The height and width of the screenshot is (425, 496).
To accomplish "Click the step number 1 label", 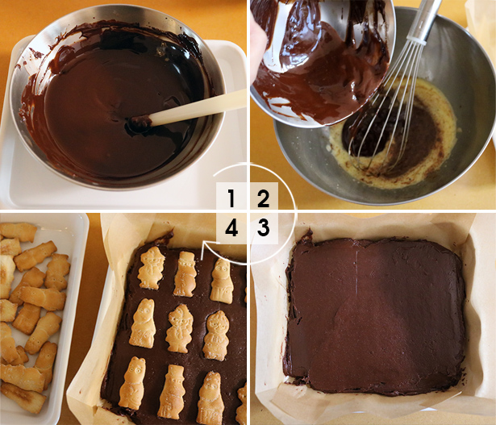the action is pos(231,198).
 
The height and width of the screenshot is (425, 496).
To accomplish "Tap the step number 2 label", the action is pos(263,198).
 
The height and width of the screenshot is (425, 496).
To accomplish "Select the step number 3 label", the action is pos(263,227).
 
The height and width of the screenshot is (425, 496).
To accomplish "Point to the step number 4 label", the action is pos(231,228).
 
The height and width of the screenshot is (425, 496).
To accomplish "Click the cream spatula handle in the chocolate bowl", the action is pos(198,107).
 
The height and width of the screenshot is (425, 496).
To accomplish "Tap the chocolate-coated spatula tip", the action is pos(140,121).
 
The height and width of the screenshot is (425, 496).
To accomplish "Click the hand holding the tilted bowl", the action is pos(258,44).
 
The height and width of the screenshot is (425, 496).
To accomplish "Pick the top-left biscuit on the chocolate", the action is pos(151,269).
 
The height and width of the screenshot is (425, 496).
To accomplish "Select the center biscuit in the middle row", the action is pos(179,328).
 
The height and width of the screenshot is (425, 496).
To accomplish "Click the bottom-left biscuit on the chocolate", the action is pos(132,383).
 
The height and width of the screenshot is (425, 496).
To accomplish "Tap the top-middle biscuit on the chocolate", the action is pos(185,274).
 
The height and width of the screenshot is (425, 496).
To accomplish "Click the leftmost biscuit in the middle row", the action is pos(143,323).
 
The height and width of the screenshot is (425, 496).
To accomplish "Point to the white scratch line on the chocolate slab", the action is pos(357,272).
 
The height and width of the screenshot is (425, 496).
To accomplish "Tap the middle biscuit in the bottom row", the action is pos(172,392).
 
